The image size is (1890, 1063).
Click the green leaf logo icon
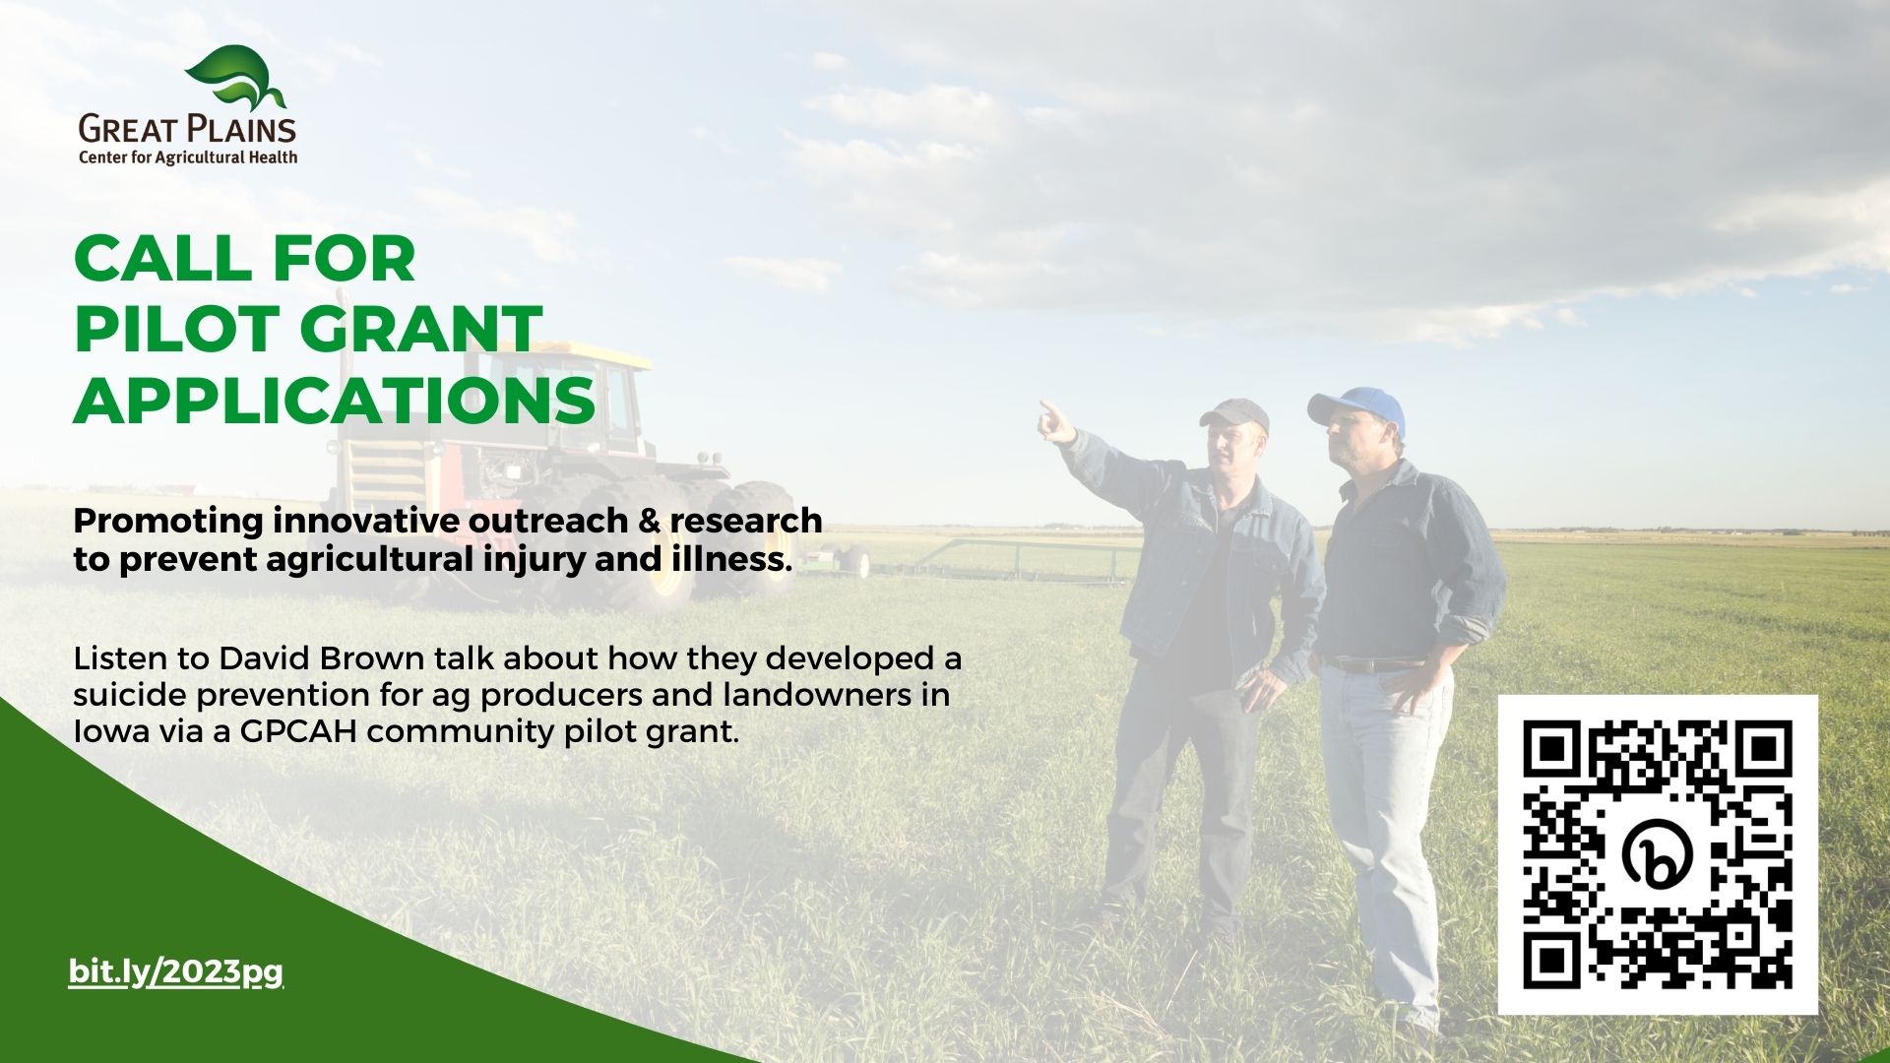click(x=235, y=78)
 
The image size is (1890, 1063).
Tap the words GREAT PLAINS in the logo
click(x=187, y=129)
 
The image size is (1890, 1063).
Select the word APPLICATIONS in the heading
click(x=335, y=400)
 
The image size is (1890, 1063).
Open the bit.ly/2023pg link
click(x=176, y=972)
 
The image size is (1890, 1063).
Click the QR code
click(x=1658, y=854)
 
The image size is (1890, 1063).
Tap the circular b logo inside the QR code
click(x=1659, y=854)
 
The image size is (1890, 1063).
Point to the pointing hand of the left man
click(x=1056, y=421)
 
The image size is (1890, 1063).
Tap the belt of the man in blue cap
click(x=1370, y=664)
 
